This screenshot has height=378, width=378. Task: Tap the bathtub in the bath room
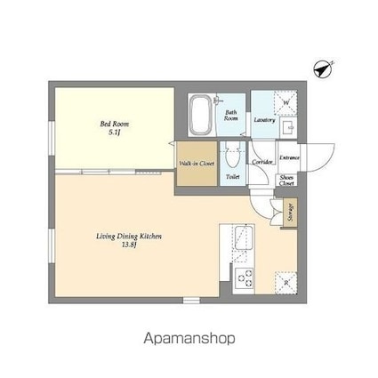203,115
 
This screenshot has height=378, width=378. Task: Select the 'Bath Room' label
230,115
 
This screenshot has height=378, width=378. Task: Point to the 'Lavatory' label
263,118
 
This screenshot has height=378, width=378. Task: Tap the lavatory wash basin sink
288,129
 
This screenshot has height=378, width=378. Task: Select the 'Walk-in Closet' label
195,164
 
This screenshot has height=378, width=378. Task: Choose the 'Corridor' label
261,163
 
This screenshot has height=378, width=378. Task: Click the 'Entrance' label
288,157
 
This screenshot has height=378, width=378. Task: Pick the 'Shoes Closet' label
287,181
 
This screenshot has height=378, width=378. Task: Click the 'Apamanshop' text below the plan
189,338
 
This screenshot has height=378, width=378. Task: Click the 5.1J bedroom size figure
114,132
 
